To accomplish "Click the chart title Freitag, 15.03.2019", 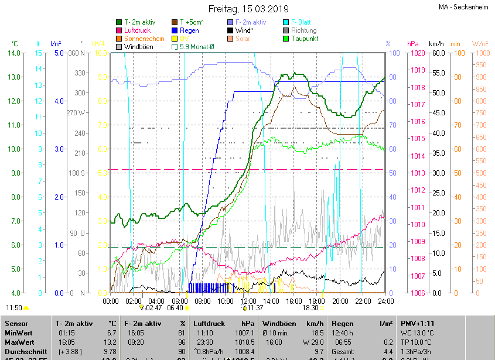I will click(248, 9).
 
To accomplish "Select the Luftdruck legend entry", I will click(138, 30).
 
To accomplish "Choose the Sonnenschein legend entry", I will click(144, 39).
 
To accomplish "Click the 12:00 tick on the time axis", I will click(249, 301).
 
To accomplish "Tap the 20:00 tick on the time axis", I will click(340, 301).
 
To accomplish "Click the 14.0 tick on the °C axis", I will click(14, 53).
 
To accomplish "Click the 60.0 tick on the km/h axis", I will click(436, 53).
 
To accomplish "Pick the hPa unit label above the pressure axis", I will click(412, 44).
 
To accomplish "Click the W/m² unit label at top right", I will click(480, 44).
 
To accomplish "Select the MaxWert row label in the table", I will click(20, 342).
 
